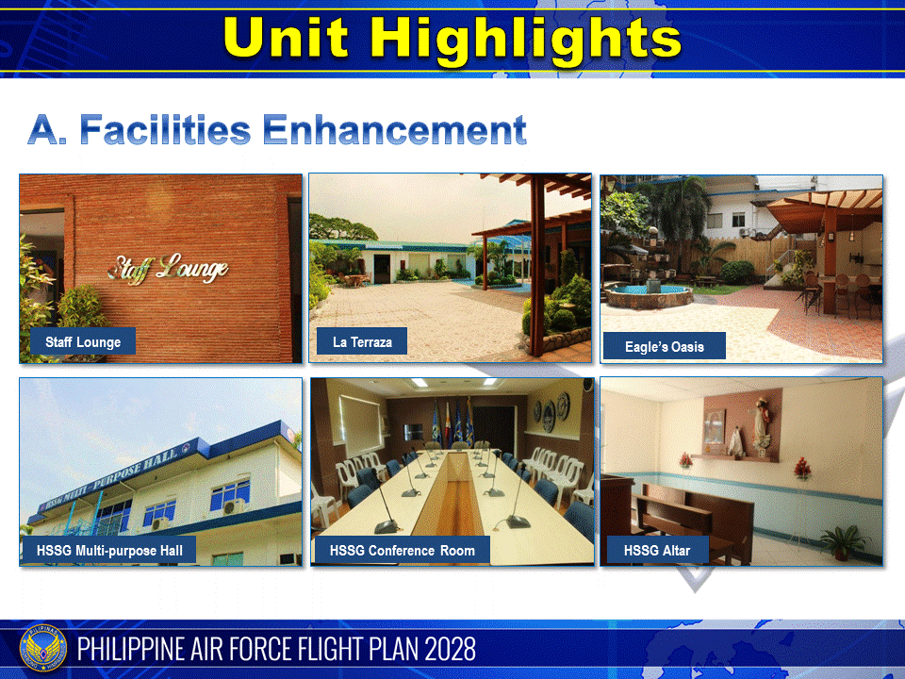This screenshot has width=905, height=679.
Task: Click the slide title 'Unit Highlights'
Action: coord(452,40)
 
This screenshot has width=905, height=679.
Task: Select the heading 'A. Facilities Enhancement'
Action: coord(276,129)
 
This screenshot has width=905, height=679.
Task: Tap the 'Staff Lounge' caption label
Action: coord(83,342)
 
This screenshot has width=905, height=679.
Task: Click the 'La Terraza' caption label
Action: coord(362,341)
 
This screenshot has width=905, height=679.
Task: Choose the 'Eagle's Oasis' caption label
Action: coord(664,346)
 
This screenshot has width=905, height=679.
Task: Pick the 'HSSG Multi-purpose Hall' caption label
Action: coord(109,550)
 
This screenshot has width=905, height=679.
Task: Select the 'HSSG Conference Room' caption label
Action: coord(403,550)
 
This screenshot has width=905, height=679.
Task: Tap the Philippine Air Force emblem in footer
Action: coord(41,650)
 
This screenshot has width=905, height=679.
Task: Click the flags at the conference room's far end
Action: coord(450,420)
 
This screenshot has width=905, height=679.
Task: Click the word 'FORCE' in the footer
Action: coord(265,650)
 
